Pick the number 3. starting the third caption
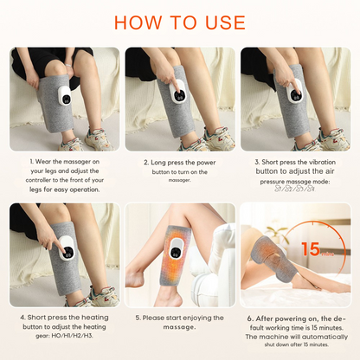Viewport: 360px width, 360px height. [x=256, y=161]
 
